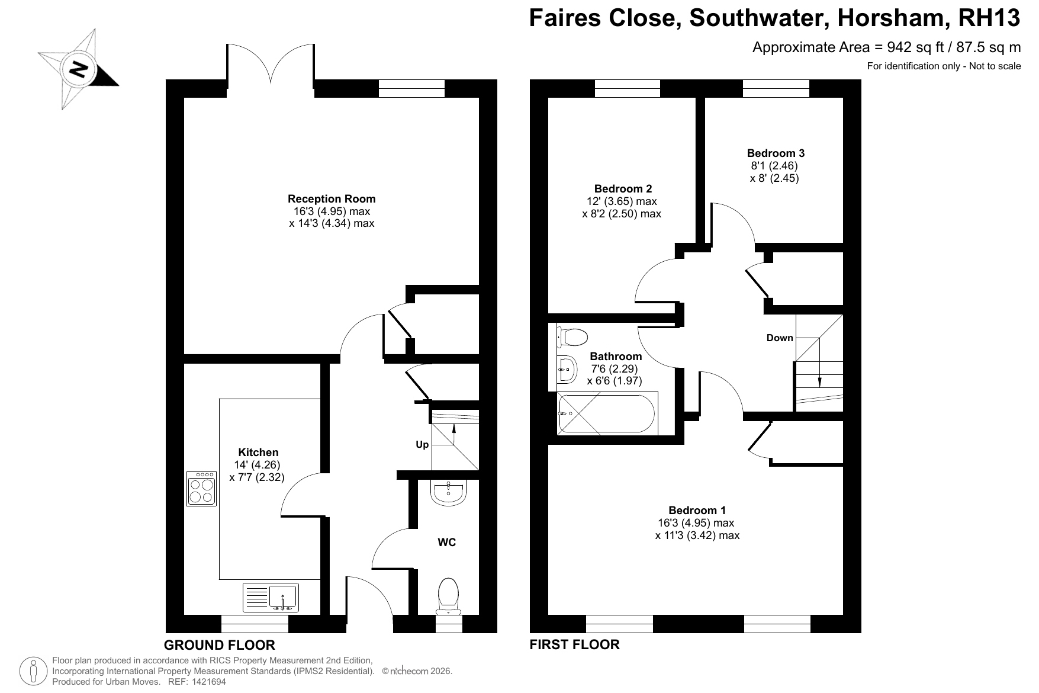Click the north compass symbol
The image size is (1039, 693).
(x=77, y=69)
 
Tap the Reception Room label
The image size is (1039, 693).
(x=332, y=199)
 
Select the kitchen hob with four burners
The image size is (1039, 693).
(x=202, y=489)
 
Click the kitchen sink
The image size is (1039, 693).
(x=271, y=598)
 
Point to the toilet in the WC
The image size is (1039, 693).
(x=449, y=596)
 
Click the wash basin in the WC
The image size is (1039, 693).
(x=449, y=493)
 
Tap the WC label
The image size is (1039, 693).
(x=447, y=542)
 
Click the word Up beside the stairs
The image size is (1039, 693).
(x=422, y=444)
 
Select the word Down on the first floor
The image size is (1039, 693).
(x=780, y=338)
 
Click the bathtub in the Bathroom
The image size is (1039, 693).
(x=606, y=414)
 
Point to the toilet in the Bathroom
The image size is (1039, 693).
(x=572, y=338)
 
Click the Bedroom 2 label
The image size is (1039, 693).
(x=623, y=189)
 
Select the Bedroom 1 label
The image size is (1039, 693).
(x=697, y=510)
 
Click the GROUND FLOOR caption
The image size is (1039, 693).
(x=220, y=645)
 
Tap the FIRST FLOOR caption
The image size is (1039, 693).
(x=574, y=644)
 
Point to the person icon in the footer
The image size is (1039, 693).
(x=34, y=670)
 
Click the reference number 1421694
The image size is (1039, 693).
(x=206, y=682)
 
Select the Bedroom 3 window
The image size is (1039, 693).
(x=776, y=88)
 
